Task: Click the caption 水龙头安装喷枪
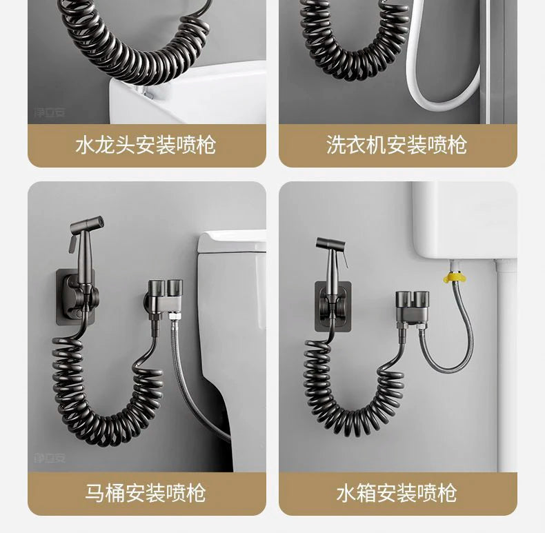(x=146, y=145)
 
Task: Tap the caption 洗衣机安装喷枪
(x=397, y=145)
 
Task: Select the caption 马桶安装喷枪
(x=146, y=492)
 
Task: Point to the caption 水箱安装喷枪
(x=397, y=492)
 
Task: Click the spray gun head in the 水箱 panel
(x=330, y=243)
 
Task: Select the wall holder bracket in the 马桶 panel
(x=76, y=297)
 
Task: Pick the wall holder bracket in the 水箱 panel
(x=333, y=306)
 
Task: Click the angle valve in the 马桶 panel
(x=163, y=295)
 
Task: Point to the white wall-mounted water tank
(x=464, y=221)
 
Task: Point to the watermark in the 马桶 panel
(x=50, y=458)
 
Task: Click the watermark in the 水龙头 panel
(x=50, y=112)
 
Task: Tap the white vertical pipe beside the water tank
(x=505, y=365)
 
